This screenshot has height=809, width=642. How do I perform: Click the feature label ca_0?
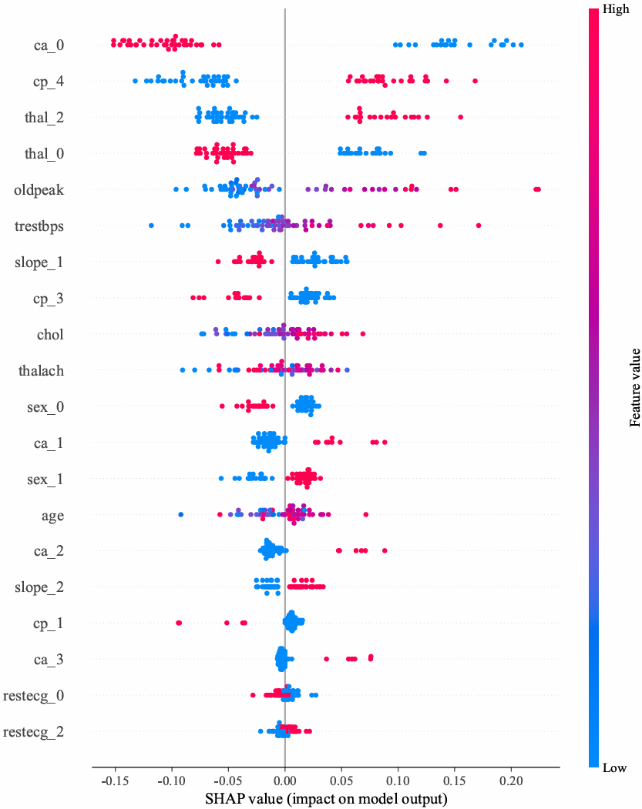click(49, 45)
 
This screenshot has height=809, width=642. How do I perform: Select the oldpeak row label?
click(39, 189)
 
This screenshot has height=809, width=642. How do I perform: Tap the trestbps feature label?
click(39, 226)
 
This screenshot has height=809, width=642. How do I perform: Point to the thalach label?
click(41, 371)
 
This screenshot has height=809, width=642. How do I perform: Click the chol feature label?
click(50, 335)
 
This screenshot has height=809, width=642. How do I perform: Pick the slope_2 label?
click(39, 587)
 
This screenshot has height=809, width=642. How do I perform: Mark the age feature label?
click(52, 516)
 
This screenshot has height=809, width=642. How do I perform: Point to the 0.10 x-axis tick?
click(398, 779)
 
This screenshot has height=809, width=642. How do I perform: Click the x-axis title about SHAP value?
click(326, 798)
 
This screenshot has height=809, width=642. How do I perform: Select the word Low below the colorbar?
click(615, 768)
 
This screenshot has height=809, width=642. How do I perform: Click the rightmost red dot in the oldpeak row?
click(538, 189)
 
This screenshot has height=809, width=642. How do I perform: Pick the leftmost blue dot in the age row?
click(180, 514)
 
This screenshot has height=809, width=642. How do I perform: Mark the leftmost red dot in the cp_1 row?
click(179, 622)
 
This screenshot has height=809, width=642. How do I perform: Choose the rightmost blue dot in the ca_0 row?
click(521, 45)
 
